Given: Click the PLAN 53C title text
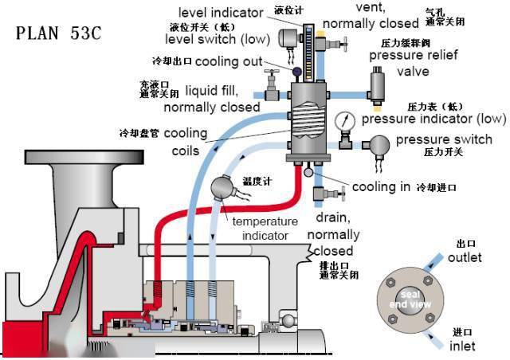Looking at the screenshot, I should tap(59, 35).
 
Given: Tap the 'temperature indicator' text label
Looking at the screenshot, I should tap(265, 228).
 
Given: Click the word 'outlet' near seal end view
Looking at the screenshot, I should tap(465, 258).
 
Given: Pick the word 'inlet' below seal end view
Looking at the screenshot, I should tap(462, 346).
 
